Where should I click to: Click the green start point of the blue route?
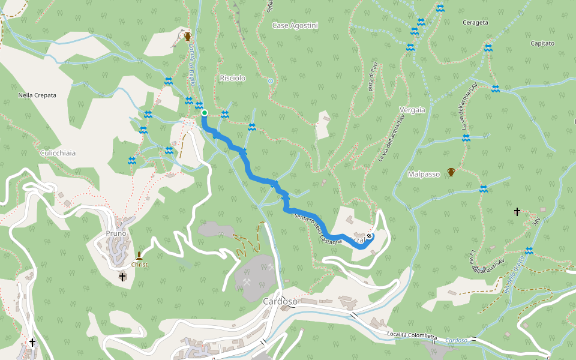click(x=204, y=113)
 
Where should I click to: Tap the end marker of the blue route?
click(x=369, y=236)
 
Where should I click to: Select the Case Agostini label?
click(x=295, y=26)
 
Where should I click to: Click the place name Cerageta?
click(x=475, y=23)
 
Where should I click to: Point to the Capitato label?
click(x=542, y=44)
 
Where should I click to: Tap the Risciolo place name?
click(x=233, y=79)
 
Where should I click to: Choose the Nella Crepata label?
click(x=37, y=95)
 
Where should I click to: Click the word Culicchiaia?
click(x=58, y=154)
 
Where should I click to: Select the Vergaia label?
click(x=412, y=110)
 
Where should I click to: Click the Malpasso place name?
click(x=424, y=174)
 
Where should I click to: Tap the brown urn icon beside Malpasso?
click(x=451, y=173)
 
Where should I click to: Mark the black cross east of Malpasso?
click(x=517, y=212)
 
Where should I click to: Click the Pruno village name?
click(x=116, y=233)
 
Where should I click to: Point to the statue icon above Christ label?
click(x=139, y=256)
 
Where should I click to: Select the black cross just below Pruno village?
click(x=122, y=277)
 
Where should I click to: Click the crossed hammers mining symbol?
click(x=246, y=280)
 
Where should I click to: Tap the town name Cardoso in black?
click(x=280, y=301)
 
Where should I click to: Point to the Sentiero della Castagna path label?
click(x=318, y=229)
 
